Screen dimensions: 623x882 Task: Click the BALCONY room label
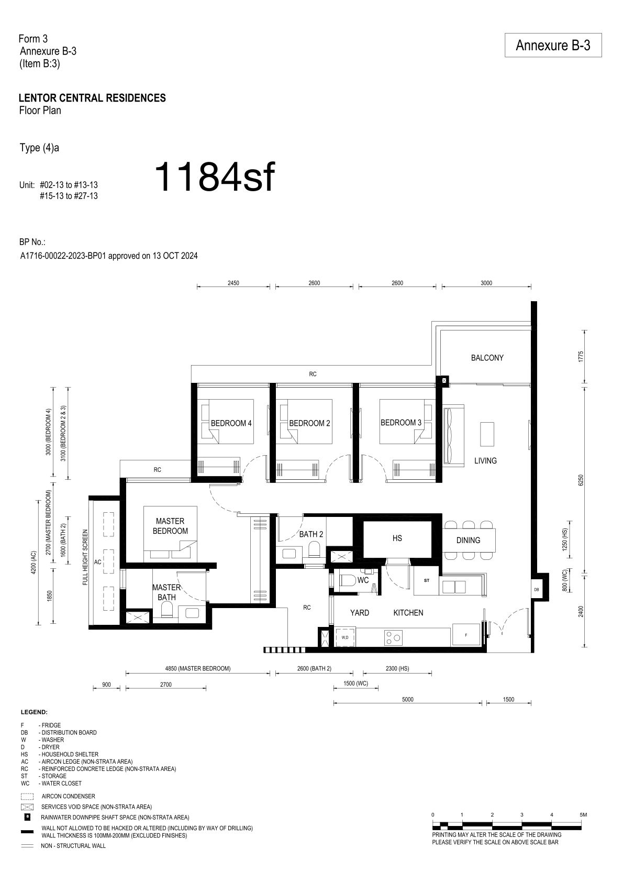[x=487, y=358]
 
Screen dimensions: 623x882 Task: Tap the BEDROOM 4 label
[x=231, y=423]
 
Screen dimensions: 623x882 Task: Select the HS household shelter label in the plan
[x=397, y=538]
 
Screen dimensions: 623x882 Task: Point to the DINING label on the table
[x=468, y=540]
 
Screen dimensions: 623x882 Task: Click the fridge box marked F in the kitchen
[x=466, y=635]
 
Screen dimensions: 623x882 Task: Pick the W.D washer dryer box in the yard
[x=345, y=637]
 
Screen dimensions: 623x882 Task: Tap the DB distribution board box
[x=537, y=589]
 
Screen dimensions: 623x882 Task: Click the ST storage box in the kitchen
[x=426, y=580]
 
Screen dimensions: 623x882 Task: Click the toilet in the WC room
[x=348, y=580]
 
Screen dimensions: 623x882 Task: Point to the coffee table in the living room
[x=487, y=434]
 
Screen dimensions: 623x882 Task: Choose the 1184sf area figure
[x=215, y=178]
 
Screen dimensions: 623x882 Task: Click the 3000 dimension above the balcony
[x=486, y=283]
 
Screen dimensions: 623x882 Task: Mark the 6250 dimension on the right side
[x=581, y=480]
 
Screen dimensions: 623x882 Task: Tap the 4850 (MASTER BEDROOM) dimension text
[x=197, y=668]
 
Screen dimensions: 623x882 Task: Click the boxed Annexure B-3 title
[x=553, y=45]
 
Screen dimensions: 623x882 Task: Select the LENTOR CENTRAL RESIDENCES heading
[x=93, y=98]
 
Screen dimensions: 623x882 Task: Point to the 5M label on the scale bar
[x=583, y=814]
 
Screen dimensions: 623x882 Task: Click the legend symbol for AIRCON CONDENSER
[x=27, y=796]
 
